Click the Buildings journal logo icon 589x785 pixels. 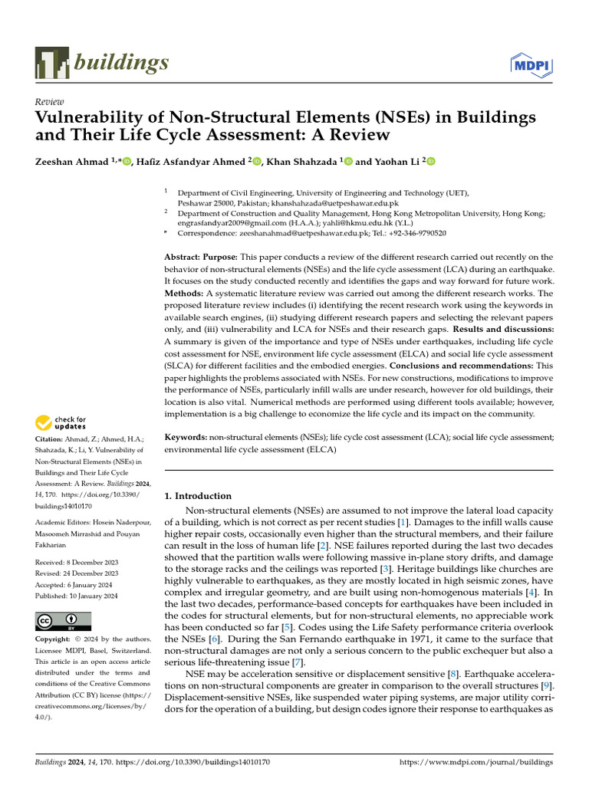[x=51, y=62]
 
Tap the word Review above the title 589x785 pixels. [x=50, y=102]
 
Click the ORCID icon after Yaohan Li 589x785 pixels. [x=431, y=161]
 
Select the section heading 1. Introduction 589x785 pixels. [x=199, y=496]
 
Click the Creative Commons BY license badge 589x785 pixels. [x=63, y=621]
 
